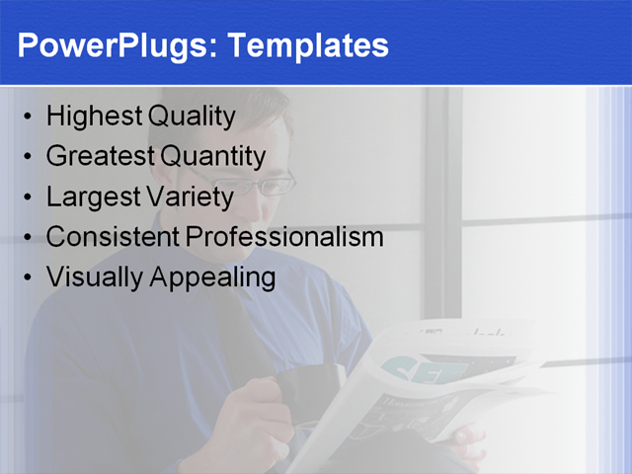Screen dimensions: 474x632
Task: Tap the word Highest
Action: coord(95,118)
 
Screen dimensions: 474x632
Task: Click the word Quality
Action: coord(192,118)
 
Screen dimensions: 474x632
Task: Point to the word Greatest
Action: coord(101,156)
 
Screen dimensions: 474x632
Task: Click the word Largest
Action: coord(94,197)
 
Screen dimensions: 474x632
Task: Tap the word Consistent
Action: coord(113,237)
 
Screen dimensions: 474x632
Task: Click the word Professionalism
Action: coord(284,237)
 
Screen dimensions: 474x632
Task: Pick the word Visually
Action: coord(95,277)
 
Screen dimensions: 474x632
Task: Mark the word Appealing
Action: coord(212,277)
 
